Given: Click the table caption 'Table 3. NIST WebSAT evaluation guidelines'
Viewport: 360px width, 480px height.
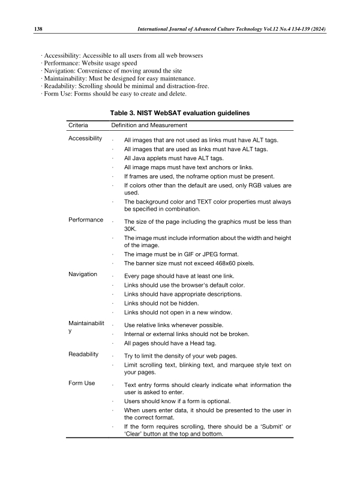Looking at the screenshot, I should point(180,113).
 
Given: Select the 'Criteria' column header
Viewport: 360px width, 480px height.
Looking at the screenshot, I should point(79,125).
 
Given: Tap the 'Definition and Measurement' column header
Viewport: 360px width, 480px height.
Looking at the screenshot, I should point(149,125).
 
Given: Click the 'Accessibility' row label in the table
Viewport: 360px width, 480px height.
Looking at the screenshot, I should point(85,138).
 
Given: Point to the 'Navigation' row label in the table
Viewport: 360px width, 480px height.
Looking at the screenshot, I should point(83,274).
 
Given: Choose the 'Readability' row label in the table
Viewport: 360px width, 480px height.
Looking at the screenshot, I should point(83,355).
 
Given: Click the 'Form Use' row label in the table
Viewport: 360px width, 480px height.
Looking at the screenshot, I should point(82,383).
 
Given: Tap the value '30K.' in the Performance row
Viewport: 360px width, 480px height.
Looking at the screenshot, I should point(131,229).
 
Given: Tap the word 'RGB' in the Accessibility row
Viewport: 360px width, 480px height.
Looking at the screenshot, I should point(248,186).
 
